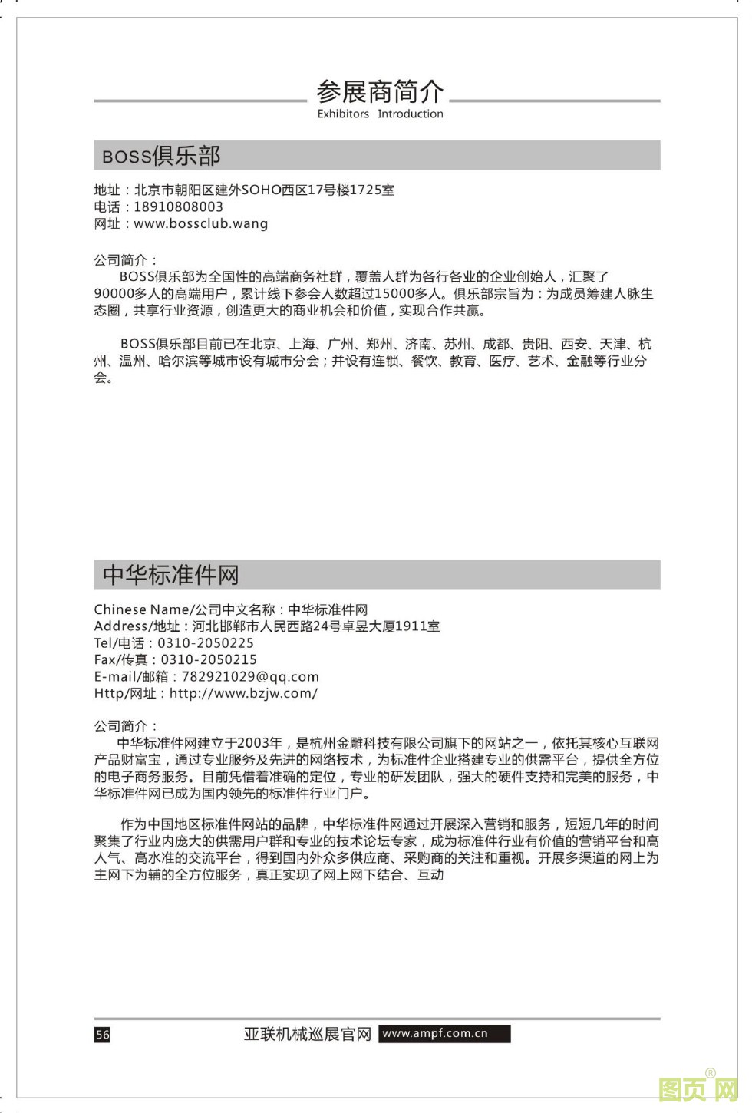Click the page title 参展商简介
click(380, 92)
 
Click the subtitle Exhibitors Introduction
click(380, 114)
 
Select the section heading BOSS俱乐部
click(161, 156)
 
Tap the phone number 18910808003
click(178, 206)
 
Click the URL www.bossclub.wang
click(200, 223)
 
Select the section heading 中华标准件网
click(170, 575)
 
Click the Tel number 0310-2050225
click(205, 643)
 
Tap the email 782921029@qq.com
click(249, 676)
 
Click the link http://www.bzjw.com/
click(243, 693)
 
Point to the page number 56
click(102, 1035)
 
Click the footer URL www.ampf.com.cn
click(435, 1033)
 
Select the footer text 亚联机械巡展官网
click(307, 1034)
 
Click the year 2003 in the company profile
click(254, 743)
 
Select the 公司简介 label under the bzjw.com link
click(125, 725)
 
